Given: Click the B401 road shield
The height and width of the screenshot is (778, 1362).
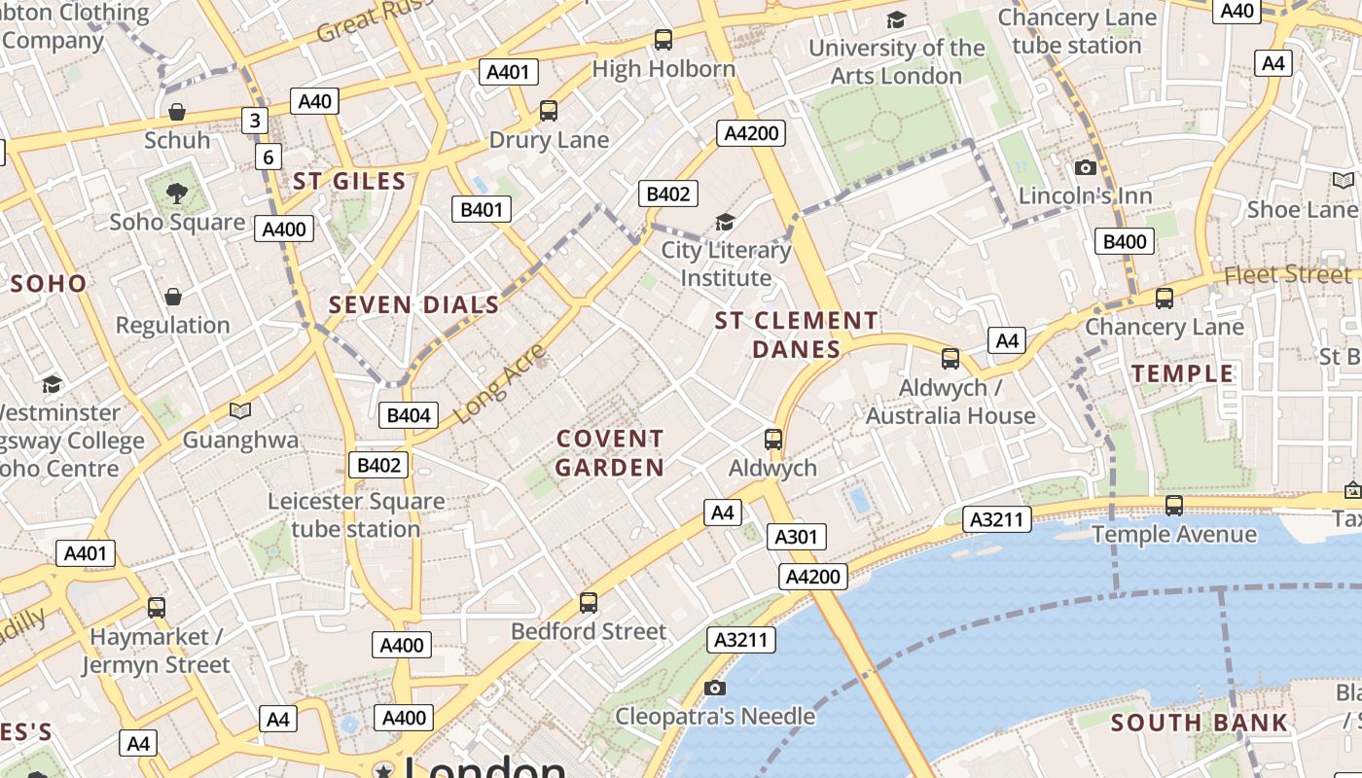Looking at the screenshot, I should click(482, 209).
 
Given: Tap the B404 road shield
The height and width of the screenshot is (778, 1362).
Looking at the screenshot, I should click(409, 415).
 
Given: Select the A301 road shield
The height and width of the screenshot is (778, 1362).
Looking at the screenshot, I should click(797, 537).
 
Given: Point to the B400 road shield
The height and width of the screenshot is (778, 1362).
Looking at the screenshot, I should click(1125, 241).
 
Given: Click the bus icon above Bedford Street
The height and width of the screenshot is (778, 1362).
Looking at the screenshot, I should click(589, 602).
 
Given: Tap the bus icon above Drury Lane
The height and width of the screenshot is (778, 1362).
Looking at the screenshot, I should click(549, 111).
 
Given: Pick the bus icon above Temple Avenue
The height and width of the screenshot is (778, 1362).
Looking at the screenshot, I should click(1174, 506).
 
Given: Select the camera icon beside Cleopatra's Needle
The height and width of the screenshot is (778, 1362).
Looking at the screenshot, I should click(715, 689).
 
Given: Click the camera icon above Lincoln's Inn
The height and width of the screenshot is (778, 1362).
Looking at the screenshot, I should click(1086, 168).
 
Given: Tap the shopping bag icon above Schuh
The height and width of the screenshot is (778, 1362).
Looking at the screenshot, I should click(177, 112).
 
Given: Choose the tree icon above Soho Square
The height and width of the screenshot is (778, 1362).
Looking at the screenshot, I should click(176, 193).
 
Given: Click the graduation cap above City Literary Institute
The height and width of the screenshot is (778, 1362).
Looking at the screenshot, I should click(725, 223).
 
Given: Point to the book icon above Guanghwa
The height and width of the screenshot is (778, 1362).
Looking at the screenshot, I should click(240, 410).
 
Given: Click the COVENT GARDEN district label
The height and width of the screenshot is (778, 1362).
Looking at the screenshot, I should click(610, 453).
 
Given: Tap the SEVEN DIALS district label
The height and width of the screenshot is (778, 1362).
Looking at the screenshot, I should click(414, 304).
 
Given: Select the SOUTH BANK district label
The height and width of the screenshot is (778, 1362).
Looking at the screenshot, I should click(1200, 723).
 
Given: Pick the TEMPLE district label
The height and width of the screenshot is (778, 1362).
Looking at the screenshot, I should click(1182, 373).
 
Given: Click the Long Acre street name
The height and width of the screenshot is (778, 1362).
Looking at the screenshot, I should click(500, 383).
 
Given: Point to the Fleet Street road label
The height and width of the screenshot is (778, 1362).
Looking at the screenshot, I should click(1287, 275).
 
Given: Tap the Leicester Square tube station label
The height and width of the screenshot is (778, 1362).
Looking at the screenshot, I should click(356, 515).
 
